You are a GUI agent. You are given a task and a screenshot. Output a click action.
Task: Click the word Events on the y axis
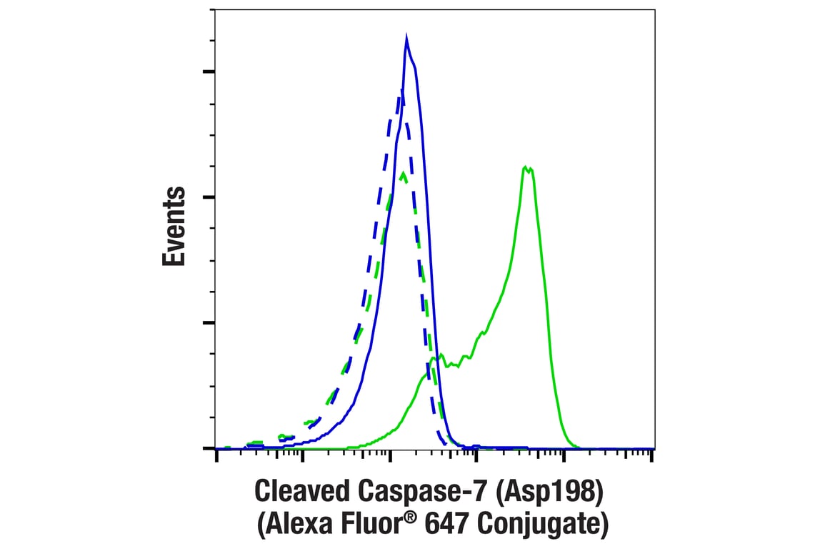[x=174, y=227]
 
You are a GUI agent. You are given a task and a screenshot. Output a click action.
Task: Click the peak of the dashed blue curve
[x=401, y=90]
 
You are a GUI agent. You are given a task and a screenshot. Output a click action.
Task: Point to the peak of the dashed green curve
[x=404, y=172]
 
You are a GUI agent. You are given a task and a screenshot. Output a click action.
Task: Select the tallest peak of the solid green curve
[x=526, y=167]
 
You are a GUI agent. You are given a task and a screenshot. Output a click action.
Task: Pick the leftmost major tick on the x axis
[x=216, y=455]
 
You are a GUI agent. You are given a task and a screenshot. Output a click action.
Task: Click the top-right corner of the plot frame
[x=654, y=9]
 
